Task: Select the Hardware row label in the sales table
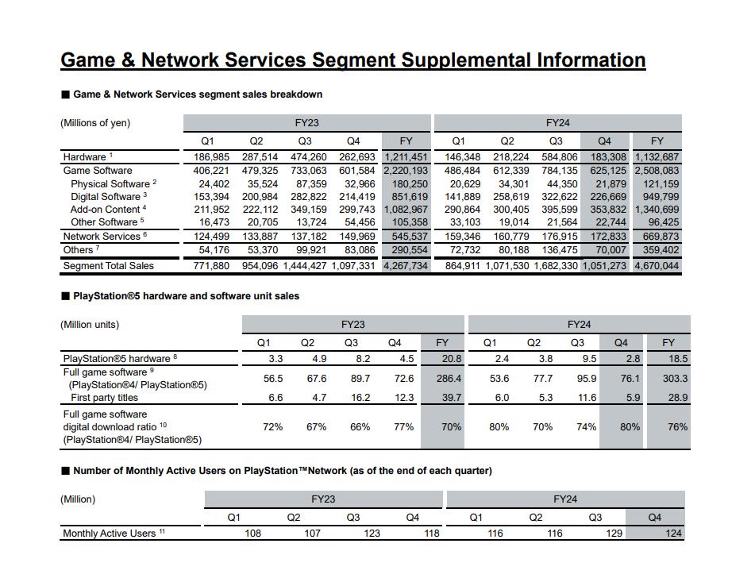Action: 84,157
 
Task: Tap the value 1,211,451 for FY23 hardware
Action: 405,157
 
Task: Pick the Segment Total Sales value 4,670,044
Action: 656,266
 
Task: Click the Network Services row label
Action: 102,237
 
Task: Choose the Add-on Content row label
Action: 105,210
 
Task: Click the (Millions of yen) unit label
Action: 95,123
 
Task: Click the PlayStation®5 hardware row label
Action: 117,358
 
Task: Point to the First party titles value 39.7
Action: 450,398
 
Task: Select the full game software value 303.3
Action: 675,379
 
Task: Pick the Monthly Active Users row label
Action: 110,534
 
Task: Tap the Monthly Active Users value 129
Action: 614,534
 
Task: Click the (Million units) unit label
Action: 90,325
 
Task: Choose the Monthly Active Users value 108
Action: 252,534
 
